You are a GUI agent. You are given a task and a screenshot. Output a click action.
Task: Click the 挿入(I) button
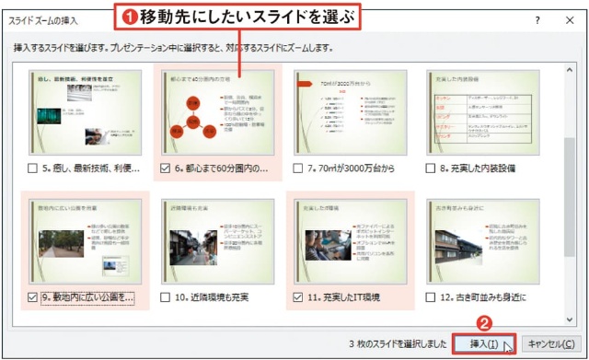tap(484, 343)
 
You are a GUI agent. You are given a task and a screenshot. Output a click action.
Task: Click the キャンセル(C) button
tap(553, 343)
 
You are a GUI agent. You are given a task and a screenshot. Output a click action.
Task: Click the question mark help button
tap(536, 18)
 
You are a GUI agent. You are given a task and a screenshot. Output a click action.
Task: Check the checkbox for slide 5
tap(33, 168)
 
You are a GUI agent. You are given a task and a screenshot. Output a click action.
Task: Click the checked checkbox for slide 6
tap(166, 168)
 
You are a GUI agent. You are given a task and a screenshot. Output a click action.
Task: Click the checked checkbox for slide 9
tap(33, 297)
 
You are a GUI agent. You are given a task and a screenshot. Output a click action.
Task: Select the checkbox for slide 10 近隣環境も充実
tap(166, 297)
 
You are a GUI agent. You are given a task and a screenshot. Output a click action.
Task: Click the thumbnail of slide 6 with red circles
tap(216, 112)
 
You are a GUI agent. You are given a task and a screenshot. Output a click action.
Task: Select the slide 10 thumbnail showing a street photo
tap(216, 242)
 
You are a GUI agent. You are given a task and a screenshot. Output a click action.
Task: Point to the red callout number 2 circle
tap(482, 323)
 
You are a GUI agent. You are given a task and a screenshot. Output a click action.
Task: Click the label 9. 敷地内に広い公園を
tap(88, 297)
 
